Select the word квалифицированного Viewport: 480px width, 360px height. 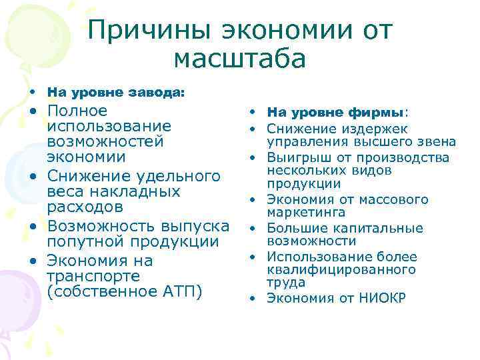(x=341, y=269)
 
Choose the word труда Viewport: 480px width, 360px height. (x=283, y=282)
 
